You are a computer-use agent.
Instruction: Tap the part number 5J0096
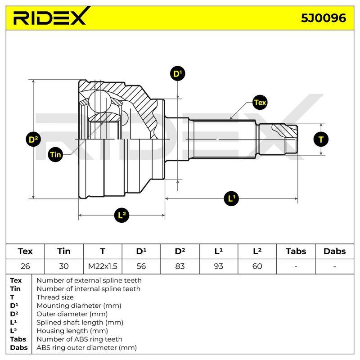[323, 18]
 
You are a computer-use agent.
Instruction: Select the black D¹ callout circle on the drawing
[177, 73]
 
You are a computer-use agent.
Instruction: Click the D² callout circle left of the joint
[33, 139]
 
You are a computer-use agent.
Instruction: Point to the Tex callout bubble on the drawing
[260, 102]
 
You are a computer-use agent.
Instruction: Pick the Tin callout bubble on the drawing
[55, 154]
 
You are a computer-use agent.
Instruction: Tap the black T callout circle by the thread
[321, 139]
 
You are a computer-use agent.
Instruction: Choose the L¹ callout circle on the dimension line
[231, 198]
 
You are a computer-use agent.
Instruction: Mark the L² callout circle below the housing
[121, 215]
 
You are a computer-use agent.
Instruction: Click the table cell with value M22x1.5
[103, 266]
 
